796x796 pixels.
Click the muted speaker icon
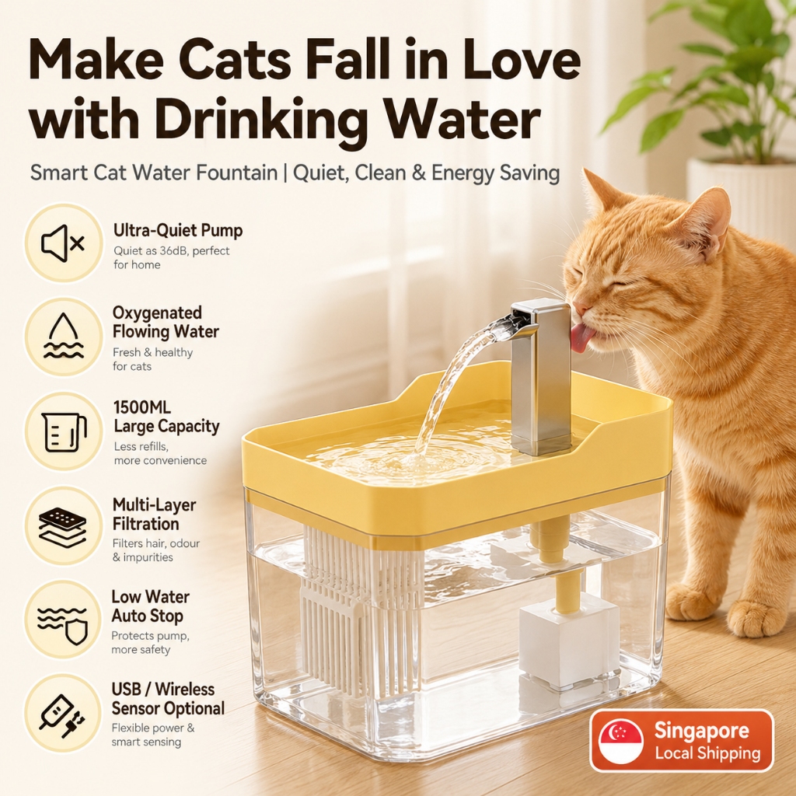63,243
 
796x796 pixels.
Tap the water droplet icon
64,336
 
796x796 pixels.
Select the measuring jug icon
64,431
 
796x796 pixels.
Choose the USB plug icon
63,716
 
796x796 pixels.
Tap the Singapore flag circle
621,741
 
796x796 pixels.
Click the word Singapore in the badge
701,730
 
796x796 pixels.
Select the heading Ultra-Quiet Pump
178,230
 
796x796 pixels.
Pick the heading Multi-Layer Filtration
154,515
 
